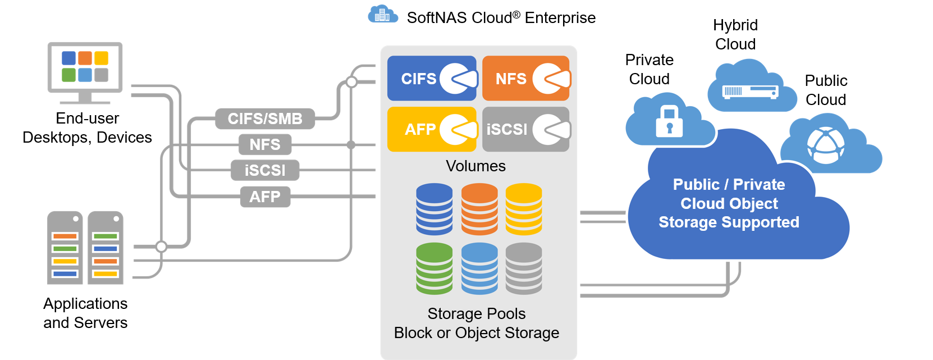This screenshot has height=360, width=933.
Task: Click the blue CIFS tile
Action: coord(431,78)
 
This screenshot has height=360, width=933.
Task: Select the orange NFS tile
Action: coord(525,78)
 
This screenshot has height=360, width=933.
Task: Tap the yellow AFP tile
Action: coord(431,129)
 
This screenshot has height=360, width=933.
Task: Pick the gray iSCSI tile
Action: coord(525,129)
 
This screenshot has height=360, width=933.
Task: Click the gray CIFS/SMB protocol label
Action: coord(264,119)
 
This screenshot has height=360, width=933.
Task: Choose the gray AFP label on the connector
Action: coord(265,197)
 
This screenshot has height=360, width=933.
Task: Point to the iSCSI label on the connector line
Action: coord(265,170)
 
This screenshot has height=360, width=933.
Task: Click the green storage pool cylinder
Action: coord(434,268)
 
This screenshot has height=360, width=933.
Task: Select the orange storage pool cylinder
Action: coord(479,209)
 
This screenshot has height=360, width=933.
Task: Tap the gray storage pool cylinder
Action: coord(524,268)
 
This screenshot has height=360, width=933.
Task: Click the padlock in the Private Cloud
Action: coord(669,122)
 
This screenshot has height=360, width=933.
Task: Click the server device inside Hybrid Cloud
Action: coord(751,91)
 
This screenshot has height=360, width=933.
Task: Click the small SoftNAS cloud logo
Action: coord(383,15)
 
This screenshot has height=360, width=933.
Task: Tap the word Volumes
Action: coord(475,166)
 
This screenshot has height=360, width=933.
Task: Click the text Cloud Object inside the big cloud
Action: coord(729,203)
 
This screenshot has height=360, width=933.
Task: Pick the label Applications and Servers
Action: coord(85,313)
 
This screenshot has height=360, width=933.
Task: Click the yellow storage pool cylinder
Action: coord(524,209)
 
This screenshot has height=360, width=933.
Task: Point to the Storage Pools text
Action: coord(476,313)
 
